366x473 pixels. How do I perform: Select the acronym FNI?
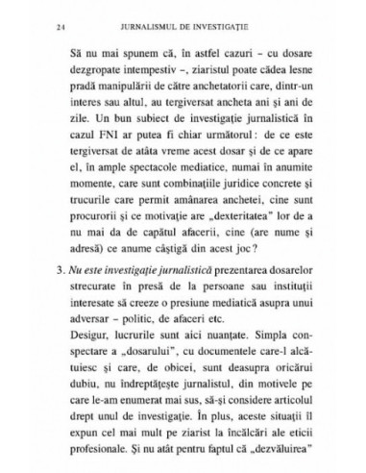[101, 139]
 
